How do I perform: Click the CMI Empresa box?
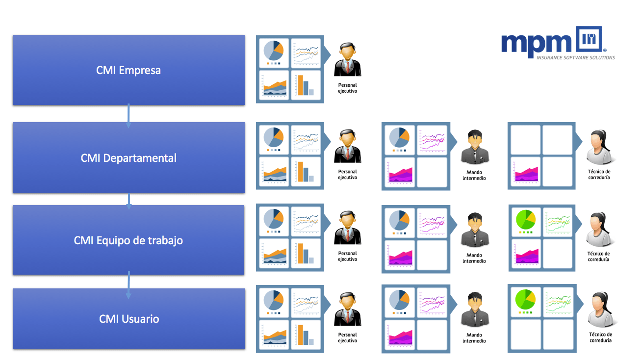tap(128, 70)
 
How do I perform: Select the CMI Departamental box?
tap(128, 157)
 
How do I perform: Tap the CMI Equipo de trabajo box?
tap(128, 240)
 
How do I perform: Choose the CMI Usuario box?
tap(129, 319)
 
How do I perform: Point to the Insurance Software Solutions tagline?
tap(575, 58)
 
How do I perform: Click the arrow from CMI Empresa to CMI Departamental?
tap(128, 115)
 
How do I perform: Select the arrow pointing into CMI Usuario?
tap(128, 284)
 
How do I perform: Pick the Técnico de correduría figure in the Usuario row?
tap(600, 310)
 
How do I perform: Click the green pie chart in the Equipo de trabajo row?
tap(524, 219)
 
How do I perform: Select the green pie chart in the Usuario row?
tap(524, 300)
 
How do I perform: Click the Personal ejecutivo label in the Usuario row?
tap(348, 337)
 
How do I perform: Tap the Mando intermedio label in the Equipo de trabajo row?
tap(474, 258)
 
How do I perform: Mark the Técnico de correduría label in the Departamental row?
tap(599, 174)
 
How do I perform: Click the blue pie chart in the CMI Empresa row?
tap(274, 51)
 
